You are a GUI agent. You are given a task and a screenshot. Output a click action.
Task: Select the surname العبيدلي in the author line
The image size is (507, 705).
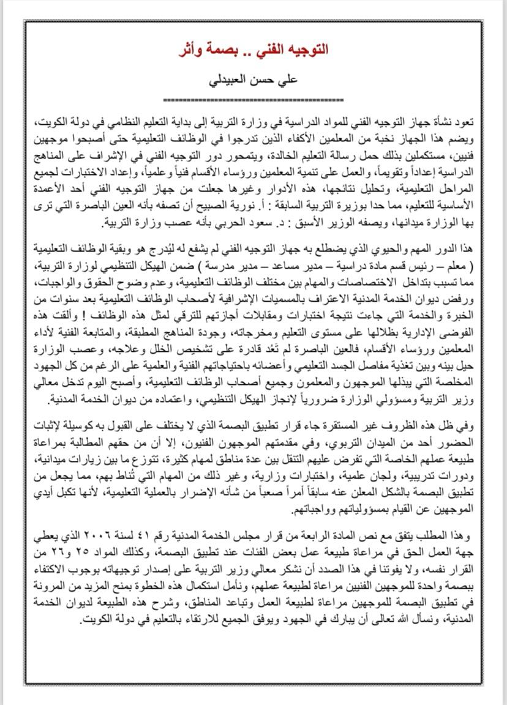click(230, 79)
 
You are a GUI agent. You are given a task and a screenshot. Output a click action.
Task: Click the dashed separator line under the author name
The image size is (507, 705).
click(254, 99)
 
